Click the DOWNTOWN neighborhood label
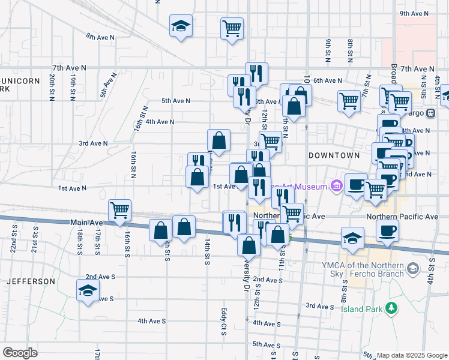pos(334,155)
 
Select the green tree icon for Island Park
pos(392,308)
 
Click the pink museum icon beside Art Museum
pos(336,187)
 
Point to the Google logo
pos(19,353)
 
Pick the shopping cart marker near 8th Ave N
pos(232,28)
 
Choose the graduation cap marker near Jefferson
pos(88,291)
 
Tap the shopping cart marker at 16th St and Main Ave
pos(120,211)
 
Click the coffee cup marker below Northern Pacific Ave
pos(387,230)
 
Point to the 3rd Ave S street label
pos(319,306)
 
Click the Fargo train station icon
pos(430,113)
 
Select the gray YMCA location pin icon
pos(412,269)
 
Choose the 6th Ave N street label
pos(327,80)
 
